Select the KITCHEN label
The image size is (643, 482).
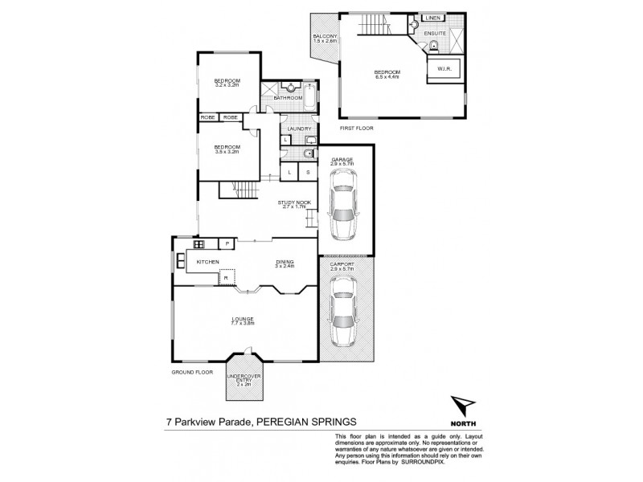coord(207,262)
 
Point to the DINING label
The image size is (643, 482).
coord(284,261)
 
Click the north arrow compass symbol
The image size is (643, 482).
coord(462,405)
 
